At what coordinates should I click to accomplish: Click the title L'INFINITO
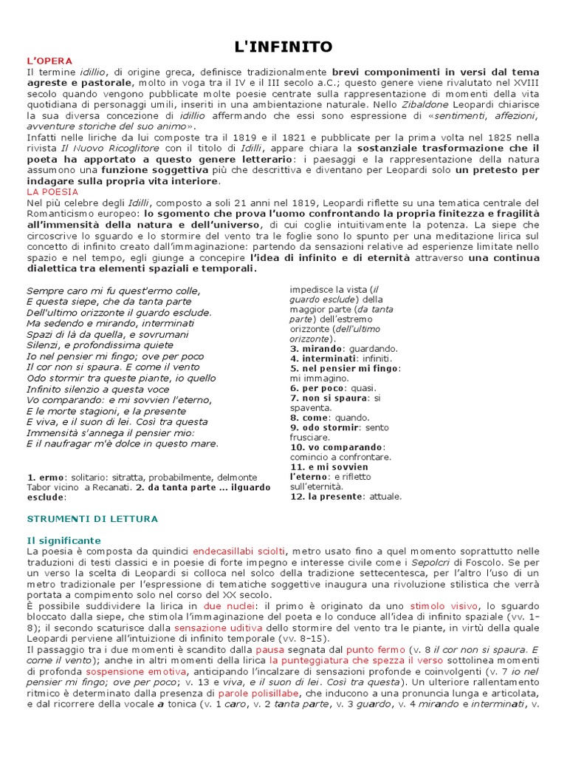pos(283,47)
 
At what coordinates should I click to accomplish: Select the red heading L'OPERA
pos(50,60)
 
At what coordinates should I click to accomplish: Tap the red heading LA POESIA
pos(52,191)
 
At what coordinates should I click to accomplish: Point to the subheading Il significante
pos(63,540)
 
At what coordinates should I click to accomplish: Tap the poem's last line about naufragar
pos(123,444)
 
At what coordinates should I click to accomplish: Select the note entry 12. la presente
pos(346,496)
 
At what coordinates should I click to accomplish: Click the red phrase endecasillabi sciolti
pos(238,551)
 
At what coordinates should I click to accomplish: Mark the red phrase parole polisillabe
pos(255,694)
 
